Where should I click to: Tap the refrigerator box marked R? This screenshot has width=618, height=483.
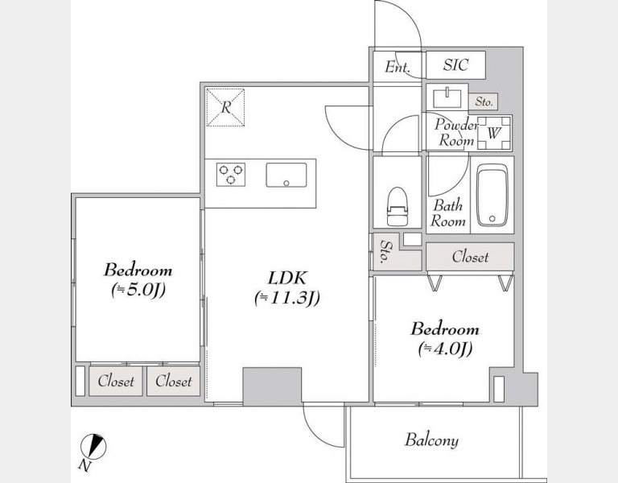[225, 107]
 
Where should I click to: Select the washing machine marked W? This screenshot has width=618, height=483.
[494, 134]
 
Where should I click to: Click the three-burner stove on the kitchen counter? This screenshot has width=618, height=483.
[231, 174]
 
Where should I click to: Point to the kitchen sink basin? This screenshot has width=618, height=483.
[286, 175]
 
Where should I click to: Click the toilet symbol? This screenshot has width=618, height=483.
[397, 206]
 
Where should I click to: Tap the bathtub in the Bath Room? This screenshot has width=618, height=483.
[492, 195]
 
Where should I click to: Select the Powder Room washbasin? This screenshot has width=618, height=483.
[447, 98]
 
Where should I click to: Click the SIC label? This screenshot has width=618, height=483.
[455, 64]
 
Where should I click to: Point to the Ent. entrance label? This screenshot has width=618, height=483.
[398, 67]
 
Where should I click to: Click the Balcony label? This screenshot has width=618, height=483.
[431, 440]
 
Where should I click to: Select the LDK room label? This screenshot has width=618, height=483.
[287, 278]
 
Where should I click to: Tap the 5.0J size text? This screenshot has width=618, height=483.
[138, 290]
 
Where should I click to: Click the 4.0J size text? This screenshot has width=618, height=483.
[445, 348]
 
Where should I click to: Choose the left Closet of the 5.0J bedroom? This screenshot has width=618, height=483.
[116, 382]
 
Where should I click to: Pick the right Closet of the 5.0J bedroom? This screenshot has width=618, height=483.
[174, 382]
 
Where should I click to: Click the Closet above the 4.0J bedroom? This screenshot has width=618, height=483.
[470, 257]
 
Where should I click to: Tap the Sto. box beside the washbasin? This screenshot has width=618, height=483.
[484, 101]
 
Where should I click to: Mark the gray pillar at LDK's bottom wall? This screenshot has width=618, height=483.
[272, 386]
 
